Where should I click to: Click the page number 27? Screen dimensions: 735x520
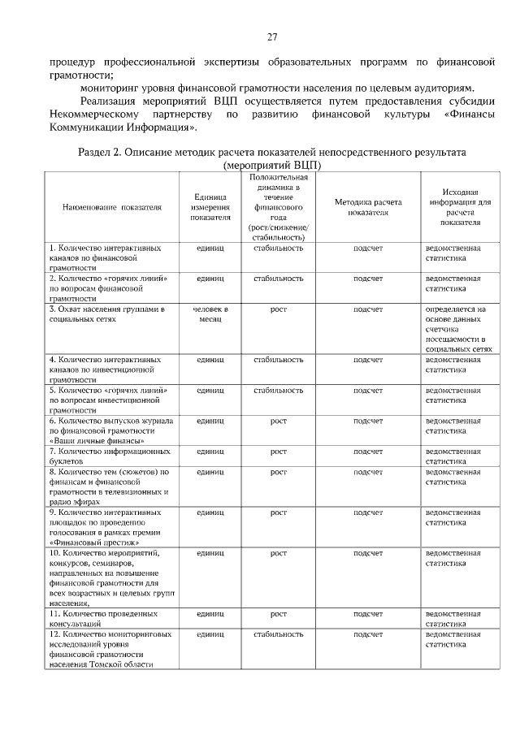click(x=273, y=37)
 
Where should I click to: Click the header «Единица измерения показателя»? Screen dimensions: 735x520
click(x=210, y=207)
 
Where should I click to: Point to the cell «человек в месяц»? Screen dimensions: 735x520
click(x=210, y=315)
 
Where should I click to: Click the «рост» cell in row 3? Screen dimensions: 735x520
click(x=279, y=309)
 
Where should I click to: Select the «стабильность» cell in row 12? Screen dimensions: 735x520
click(x=279, y=633)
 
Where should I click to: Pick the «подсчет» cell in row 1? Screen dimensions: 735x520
click(x=368, y=248)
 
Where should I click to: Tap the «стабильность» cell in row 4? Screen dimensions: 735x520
click(x=279, y=358)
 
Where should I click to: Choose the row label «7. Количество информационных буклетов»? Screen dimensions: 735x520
click(x=109, y=456)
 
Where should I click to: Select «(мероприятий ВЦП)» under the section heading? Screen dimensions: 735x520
click(x=271, y=164)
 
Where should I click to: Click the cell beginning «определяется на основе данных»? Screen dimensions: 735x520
click(x=459, y=329)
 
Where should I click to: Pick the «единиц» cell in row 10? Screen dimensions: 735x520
click(x=210, y=553)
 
